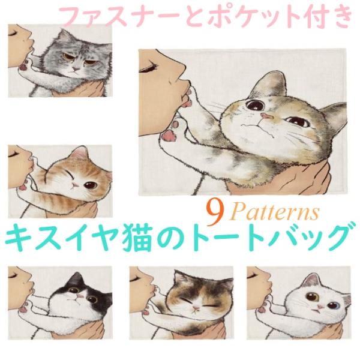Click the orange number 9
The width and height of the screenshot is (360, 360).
[213, 209]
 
